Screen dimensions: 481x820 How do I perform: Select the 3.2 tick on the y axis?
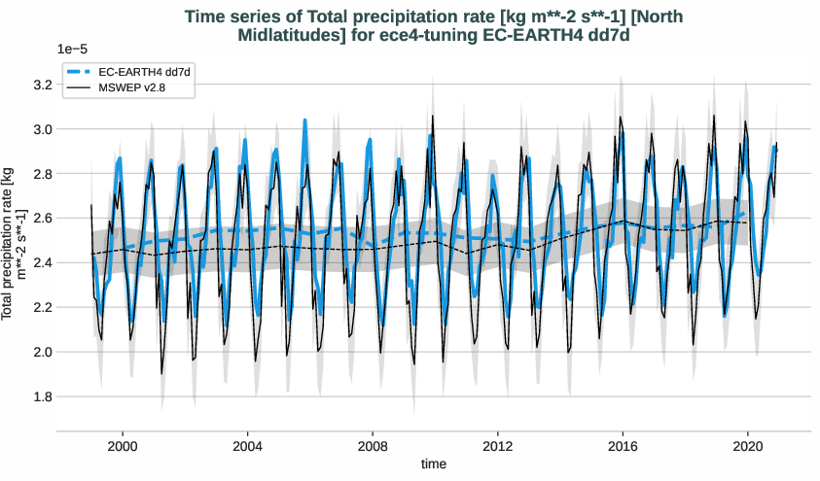coord(40,85)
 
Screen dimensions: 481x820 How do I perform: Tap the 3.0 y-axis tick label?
coord(40,129)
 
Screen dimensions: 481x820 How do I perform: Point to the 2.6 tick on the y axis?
coord(40,219)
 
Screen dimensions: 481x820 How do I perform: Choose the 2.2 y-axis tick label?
coord(40,307)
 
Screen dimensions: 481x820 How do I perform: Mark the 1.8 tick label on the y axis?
coord(40,396)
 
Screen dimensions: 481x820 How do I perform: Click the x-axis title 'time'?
coord(434,464)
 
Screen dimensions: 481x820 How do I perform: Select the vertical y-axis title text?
coord(15,244)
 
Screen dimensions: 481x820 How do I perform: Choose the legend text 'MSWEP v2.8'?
coord(131,89)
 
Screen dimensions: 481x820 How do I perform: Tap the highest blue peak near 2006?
coord(304,120)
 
